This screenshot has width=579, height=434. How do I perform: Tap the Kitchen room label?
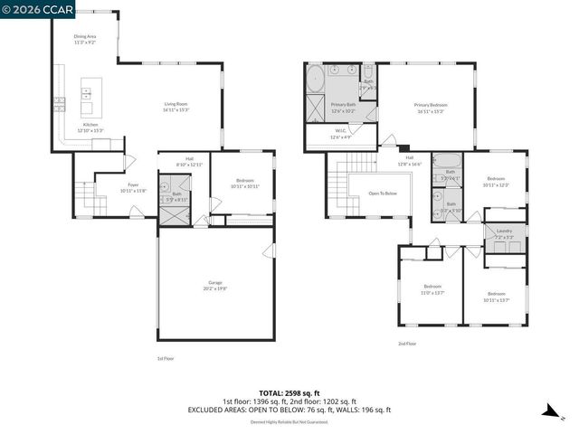[x=90, y=127]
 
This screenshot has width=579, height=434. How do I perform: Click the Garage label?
[x=215, y=285]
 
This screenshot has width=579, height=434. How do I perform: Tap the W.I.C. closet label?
[x=341, y=136]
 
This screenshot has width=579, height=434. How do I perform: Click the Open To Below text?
[x=383, y=193]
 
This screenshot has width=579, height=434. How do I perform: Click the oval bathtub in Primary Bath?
[x=315, y=79]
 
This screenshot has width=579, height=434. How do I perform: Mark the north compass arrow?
[x=548, y=412]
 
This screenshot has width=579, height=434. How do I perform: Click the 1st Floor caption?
[x=166, y=359]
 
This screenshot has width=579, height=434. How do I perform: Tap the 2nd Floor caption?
[x=407, y=344]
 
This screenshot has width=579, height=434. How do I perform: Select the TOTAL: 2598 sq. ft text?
[x=289, y=393]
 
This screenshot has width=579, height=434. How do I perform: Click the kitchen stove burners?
[x=60, y=102]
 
